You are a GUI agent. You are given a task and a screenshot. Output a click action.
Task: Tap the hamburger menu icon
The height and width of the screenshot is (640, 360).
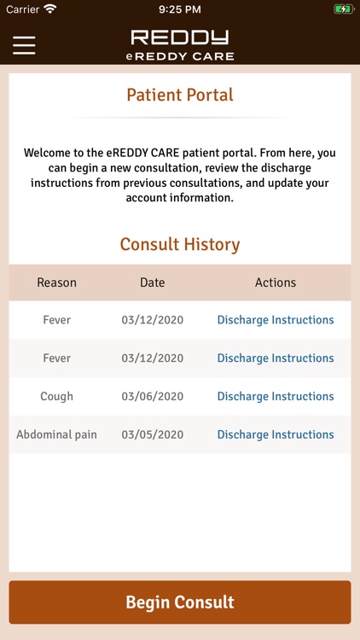click(24, 45)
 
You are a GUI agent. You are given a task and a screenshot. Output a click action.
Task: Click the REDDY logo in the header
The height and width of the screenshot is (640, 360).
click(180, 38)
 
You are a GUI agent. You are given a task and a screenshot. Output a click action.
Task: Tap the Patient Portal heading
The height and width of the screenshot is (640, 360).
click(180, 95)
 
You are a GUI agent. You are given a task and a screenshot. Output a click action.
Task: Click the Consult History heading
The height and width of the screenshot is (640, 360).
click(180, 245)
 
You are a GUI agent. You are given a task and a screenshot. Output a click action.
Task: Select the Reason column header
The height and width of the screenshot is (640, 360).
click(56, 282)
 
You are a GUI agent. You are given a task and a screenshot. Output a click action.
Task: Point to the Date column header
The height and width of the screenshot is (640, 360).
click(152, 282)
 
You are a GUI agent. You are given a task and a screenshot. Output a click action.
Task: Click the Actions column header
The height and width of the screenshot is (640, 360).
click(276, 282)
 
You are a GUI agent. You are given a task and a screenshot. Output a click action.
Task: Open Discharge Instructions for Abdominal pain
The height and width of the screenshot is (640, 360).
click(276, 434)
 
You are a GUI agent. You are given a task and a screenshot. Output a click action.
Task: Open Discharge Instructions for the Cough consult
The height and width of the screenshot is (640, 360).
click(276, 396)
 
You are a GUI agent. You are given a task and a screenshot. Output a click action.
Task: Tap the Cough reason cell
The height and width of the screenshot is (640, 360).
click(56, 396)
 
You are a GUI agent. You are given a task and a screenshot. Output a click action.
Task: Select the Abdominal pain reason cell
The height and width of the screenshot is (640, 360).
click(56, 434)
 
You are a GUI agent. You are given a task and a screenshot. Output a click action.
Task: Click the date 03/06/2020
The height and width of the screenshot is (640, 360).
click(152, 396)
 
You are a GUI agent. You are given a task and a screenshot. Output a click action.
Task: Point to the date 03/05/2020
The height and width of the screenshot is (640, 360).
click(152, 434)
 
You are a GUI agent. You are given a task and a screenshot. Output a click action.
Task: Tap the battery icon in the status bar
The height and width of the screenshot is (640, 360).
click(343, 9)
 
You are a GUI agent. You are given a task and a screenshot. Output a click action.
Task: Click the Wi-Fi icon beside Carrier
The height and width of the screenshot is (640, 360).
click(50, 9)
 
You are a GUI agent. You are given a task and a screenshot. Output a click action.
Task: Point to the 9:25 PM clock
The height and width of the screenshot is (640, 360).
click(180, 9)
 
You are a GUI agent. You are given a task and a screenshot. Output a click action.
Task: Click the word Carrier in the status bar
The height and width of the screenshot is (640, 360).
click(23, 9)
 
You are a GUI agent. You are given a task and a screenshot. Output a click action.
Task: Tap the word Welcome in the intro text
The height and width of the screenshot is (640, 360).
click(47, 154)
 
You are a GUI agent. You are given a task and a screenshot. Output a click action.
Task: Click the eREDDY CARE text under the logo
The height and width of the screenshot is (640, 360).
click(180, 56)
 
